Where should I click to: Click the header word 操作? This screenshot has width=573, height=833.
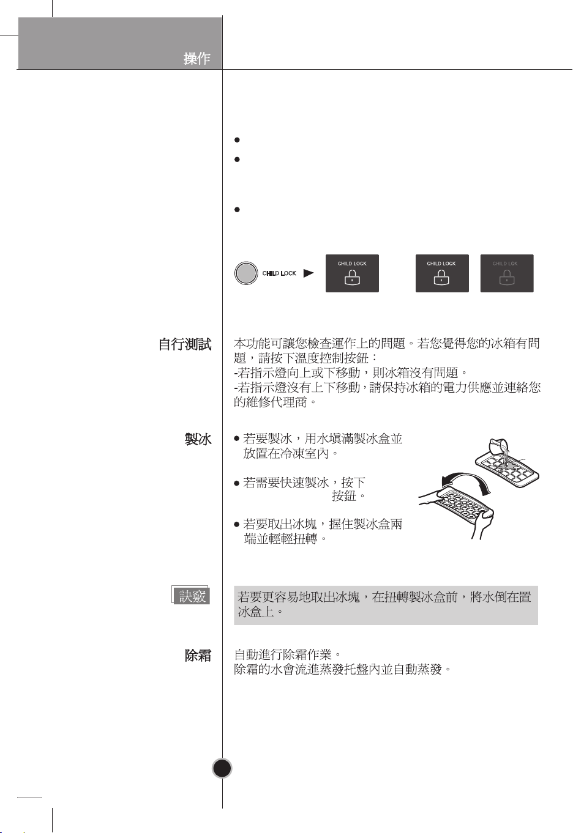[197, 58]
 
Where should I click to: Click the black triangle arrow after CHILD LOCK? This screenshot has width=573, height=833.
[309, 273]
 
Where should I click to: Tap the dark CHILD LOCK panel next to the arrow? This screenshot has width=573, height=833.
[352, 273]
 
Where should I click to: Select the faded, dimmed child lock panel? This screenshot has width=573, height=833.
[507, 273]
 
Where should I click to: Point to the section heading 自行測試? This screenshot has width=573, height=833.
[185, 344]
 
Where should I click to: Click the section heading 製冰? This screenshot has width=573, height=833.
[198, 439]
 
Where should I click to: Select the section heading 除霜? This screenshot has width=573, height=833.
[198, 656]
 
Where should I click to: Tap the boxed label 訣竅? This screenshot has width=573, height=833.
[192, 596]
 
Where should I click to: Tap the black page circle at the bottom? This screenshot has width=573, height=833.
[222, 768]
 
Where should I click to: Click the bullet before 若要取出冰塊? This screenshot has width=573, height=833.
[237, 525]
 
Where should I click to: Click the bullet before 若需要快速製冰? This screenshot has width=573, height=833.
[237, 483]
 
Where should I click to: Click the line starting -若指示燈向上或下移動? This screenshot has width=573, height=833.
[353, 372]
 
